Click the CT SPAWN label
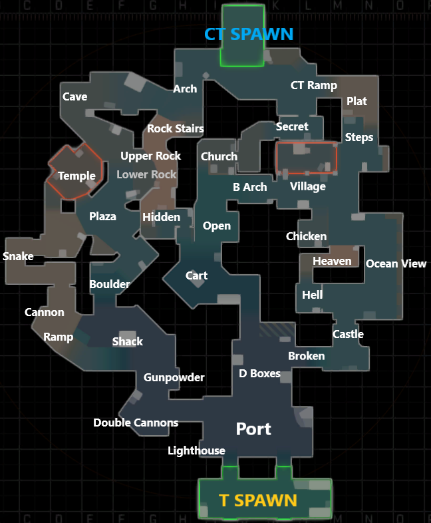249,34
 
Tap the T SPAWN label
258,500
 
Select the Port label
253,429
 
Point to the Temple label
76,176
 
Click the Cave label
74,96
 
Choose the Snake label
18,256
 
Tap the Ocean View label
396,263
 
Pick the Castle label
348,334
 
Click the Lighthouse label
196,450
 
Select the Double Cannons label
136,423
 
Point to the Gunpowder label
174,377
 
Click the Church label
219,156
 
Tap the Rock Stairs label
175,128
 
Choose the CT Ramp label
314,85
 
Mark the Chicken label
306,236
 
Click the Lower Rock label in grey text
146,174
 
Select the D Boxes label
259,373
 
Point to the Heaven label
332,261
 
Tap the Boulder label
110,284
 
